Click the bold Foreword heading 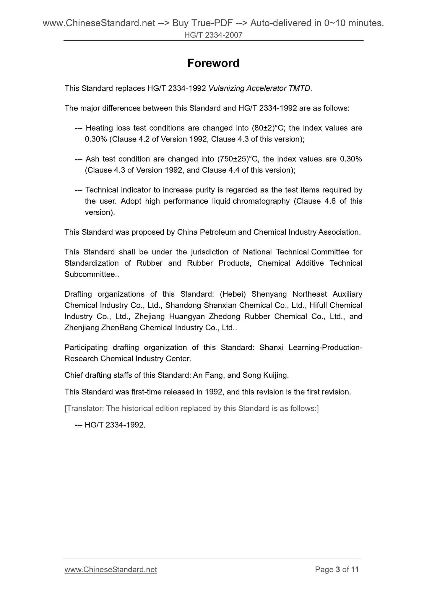click(213, 63)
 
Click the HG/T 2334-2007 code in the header click(213, 35)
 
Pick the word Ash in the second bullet click(92, 159)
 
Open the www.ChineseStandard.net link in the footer click(111, 569)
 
